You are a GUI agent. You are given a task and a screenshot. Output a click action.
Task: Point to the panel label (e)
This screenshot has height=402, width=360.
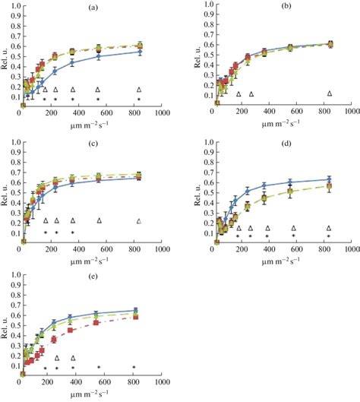click(91, 271)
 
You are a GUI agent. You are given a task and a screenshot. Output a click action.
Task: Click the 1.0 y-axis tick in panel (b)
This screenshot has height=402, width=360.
click(204, 6)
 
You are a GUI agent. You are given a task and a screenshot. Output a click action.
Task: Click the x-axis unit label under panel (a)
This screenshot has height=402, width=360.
click(91, 123)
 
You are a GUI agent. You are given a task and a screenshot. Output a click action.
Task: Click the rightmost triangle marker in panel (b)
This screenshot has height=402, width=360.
click(330, 93)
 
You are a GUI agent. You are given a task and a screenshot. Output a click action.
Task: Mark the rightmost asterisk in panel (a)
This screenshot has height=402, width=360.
click(139, 100)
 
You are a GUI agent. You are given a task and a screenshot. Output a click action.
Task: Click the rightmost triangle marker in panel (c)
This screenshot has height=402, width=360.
click(139, 221)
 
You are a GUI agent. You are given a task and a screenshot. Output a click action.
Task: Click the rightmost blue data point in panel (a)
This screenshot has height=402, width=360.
click(139, 52)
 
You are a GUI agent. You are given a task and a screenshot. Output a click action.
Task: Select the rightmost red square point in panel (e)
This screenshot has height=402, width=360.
click(134, 317)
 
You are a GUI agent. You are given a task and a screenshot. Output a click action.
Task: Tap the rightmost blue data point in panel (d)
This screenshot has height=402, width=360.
click(329, 179)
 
